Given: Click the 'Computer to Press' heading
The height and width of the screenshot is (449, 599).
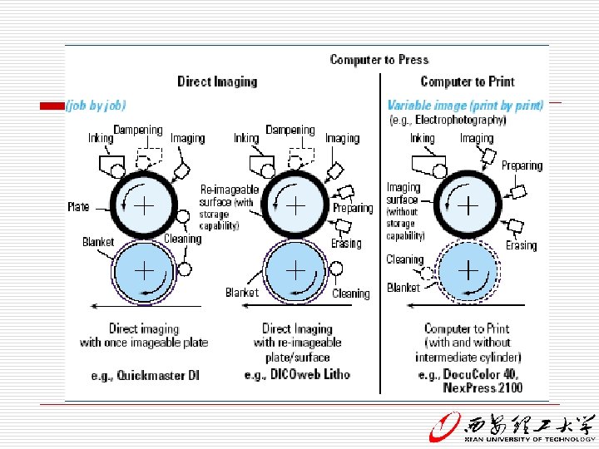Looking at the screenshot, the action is coord(379,59).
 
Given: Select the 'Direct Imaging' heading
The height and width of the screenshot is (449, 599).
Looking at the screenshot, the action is coord(217,81).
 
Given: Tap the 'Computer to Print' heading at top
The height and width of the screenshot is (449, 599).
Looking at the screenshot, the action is coord(468,81).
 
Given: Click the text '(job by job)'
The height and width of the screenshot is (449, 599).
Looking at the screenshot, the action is coord(97,105).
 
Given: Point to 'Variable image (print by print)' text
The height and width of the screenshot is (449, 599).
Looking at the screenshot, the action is coord(465,106).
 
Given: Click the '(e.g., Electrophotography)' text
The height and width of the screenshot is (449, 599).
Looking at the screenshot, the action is coord(448,120).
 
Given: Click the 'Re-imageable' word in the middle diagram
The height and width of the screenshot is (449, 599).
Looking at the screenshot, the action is coord(230,190).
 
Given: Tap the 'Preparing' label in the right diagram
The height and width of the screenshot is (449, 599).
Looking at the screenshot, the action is coord(522,165).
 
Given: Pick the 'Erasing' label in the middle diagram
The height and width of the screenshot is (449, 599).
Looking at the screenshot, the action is coord(346,244).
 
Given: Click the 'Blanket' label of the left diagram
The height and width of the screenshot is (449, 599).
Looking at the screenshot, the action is coord(98,242).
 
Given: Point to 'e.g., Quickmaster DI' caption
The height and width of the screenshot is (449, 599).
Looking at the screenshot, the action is coord(146,376).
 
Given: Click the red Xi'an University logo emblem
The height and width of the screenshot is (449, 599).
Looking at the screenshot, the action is coord(443,427).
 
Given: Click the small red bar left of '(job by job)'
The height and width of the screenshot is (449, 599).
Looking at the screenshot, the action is coord(53,106).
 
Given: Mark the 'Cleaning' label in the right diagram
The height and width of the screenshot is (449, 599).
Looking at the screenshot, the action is coord(405,259).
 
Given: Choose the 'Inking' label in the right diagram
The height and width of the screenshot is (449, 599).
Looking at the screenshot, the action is coord(422,138).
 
